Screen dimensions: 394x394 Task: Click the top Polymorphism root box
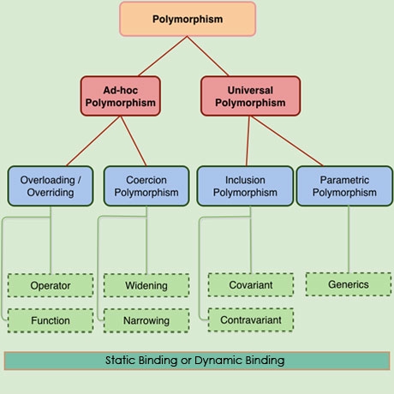point(188,19)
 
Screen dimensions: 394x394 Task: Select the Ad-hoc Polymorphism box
point(121,96)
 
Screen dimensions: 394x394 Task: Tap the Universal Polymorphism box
point(250,96)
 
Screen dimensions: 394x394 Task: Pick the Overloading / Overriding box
point(51,186)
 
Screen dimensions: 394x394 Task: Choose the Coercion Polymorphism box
point(146,186)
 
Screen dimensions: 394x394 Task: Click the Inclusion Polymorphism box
point(245,186)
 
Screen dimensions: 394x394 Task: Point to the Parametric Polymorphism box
point(344,186)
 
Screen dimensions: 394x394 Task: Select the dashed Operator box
point(51,285)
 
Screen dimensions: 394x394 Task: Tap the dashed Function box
point(51,320)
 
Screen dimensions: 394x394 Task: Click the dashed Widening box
point(146,285)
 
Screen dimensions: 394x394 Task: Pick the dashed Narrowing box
point(146,320)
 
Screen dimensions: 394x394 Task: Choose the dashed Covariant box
point(251,285)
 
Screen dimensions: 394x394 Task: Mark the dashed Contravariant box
point(251,319)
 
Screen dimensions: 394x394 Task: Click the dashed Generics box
point(349,284)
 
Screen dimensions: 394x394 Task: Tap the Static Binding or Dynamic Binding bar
point(197,361)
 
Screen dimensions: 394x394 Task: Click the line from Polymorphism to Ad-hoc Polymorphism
point(163,56)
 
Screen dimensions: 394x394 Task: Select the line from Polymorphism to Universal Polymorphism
point(208,56)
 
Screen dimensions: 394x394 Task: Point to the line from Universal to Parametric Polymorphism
point(287,140)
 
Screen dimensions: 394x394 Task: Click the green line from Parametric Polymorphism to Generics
point(349,239)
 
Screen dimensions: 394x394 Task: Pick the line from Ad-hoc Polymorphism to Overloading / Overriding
point(93,140)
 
